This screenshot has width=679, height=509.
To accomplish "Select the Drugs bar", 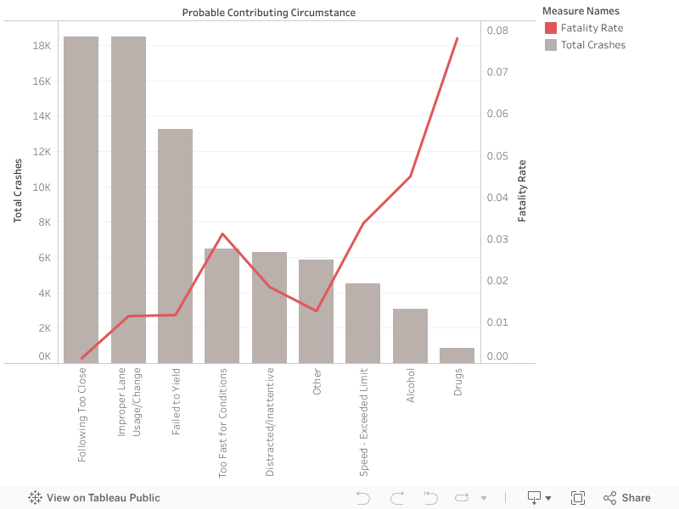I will (457, 355).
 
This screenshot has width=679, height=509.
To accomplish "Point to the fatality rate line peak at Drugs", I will (457, 38).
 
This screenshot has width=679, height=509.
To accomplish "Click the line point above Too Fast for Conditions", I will (222, 234).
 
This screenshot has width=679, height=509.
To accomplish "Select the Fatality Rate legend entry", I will (592, 28).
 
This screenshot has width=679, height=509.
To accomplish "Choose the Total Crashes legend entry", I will (592, 45).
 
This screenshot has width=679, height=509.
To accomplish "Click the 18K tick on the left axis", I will (42, 46).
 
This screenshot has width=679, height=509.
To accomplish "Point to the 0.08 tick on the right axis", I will (497, 31).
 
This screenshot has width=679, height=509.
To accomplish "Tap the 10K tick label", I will (42, 187).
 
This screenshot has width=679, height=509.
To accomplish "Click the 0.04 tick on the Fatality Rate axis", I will (497, 198).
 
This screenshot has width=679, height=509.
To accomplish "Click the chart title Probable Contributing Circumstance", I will (269, 13).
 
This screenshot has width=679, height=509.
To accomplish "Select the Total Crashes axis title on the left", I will (18, 191).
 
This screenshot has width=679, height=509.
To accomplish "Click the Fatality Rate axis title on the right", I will (522, 191).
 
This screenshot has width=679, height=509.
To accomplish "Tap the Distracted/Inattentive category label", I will (270, 422).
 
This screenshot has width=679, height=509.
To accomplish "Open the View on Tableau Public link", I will (94, 498).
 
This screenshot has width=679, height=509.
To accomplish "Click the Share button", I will (626, 498).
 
